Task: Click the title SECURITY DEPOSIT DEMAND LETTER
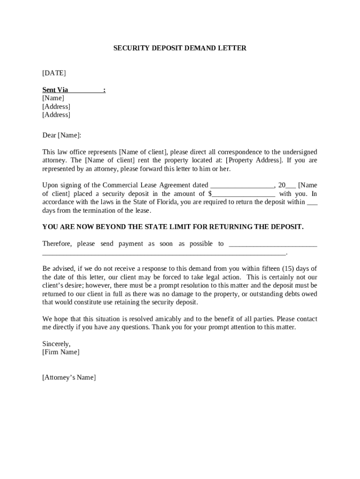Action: point(180,48)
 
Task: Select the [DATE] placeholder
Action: point(54,73)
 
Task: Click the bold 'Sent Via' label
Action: point(55,90)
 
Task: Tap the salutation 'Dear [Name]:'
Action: point(61,135)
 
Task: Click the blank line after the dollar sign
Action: point(244,194)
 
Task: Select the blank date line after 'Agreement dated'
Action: point(242,185)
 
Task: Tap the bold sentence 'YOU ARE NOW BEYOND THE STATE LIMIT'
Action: point(173,227)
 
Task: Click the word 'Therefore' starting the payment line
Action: point(57,244)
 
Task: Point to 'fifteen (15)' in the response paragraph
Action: point(280,269)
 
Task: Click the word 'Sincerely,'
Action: point(56,344)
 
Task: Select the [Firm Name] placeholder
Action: point(61,352)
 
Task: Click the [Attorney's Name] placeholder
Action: point(69,377)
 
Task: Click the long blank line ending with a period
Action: point(164,253)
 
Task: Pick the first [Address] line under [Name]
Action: point(56,107)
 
